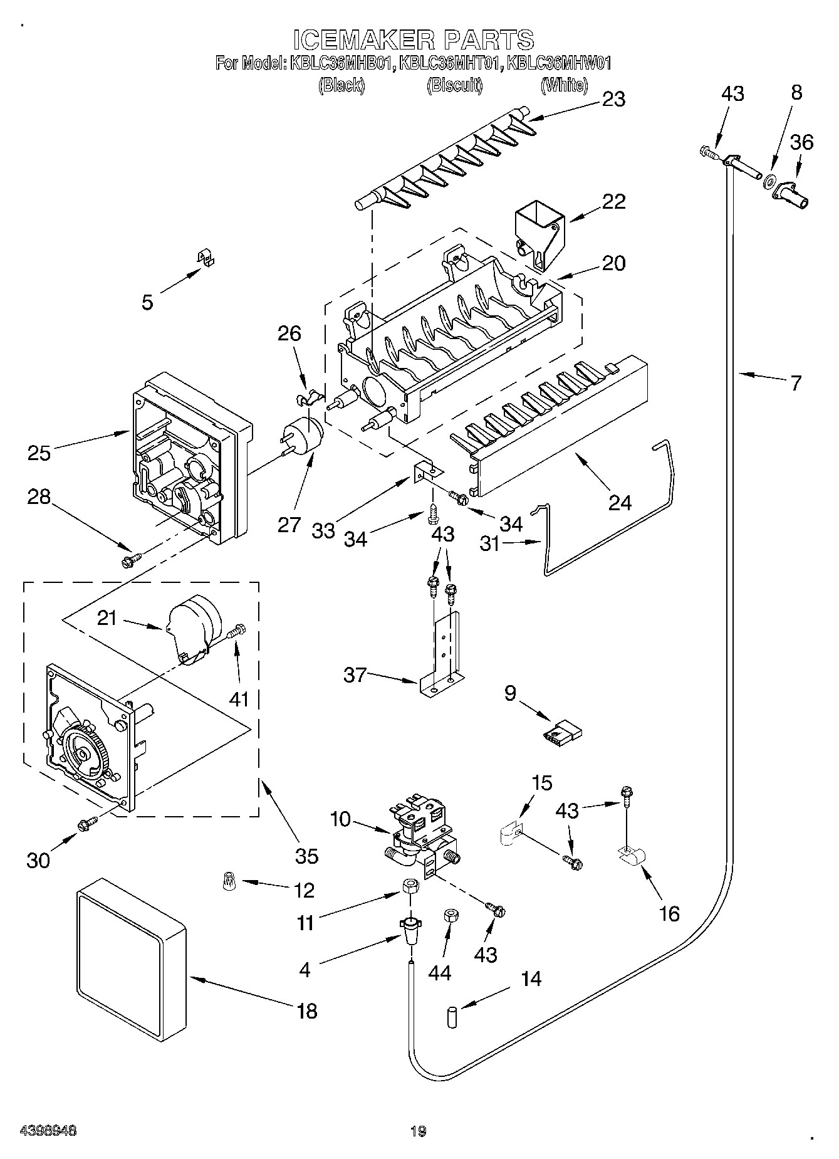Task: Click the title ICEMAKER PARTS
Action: click(414, 40)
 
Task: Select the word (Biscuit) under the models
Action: click(455, 85)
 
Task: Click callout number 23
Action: click(613, 99)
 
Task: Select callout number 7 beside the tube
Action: click(795, 383)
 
